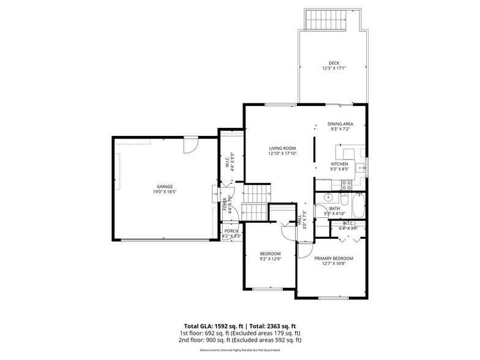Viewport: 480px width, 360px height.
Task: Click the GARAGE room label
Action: point(163,186)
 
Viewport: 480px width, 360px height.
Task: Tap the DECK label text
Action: point(334,62)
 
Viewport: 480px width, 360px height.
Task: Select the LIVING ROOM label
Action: point(282,148)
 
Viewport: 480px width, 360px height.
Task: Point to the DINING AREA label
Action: point(340,124)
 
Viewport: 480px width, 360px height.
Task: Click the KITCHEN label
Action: point(339,164)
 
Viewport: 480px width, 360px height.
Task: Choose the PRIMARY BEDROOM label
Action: point(334,258)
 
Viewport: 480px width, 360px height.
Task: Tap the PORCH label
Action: point(231,231)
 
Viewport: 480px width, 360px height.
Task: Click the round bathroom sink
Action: point(328,198)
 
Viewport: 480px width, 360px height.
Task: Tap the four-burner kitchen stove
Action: point(346,184)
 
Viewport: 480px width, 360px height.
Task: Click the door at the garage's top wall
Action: point(190,146)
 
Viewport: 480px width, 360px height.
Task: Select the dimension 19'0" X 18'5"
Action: point(163,192)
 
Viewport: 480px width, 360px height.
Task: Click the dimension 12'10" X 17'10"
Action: point(282,154)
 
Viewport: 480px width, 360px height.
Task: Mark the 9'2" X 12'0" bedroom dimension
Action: point(270,259)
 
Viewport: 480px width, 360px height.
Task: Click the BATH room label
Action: point(334,209)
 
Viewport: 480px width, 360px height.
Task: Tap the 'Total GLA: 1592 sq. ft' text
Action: point(213,326)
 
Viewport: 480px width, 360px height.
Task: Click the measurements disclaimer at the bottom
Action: point(240,351)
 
